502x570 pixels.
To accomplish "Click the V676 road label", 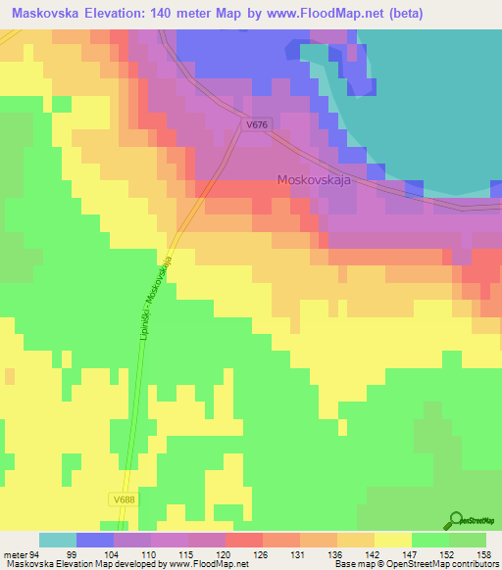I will pos(258,125).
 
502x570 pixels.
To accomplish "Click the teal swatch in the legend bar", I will pos(58,540).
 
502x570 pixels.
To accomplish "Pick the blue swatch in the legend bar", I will pos(95,540).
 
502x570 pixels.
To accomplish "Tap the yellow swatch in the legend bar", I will pos(392,540).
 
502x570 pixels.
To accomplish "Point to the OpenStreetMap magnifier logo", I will pos(458,520).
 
